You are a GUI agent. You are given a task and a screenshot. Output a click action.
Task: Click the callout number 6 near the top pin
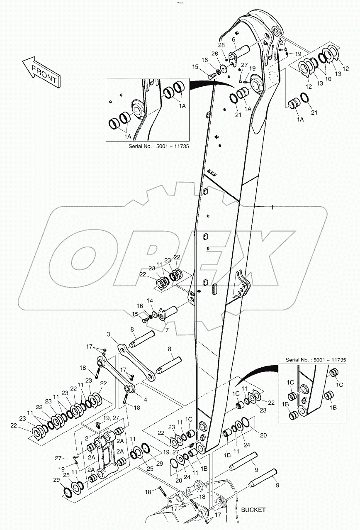pos(234,39)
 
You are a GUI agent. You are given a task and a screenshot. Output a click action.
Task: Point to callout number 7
pos(167,330)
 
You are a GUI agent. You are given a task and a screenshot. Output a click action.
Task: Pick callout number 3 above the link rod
pos(108,335)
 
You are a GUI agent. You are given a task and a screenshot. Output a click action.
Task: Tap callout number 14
pos(150,300)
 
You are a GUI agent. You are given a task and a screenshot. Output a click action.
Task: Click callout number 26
pos(215,54)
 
